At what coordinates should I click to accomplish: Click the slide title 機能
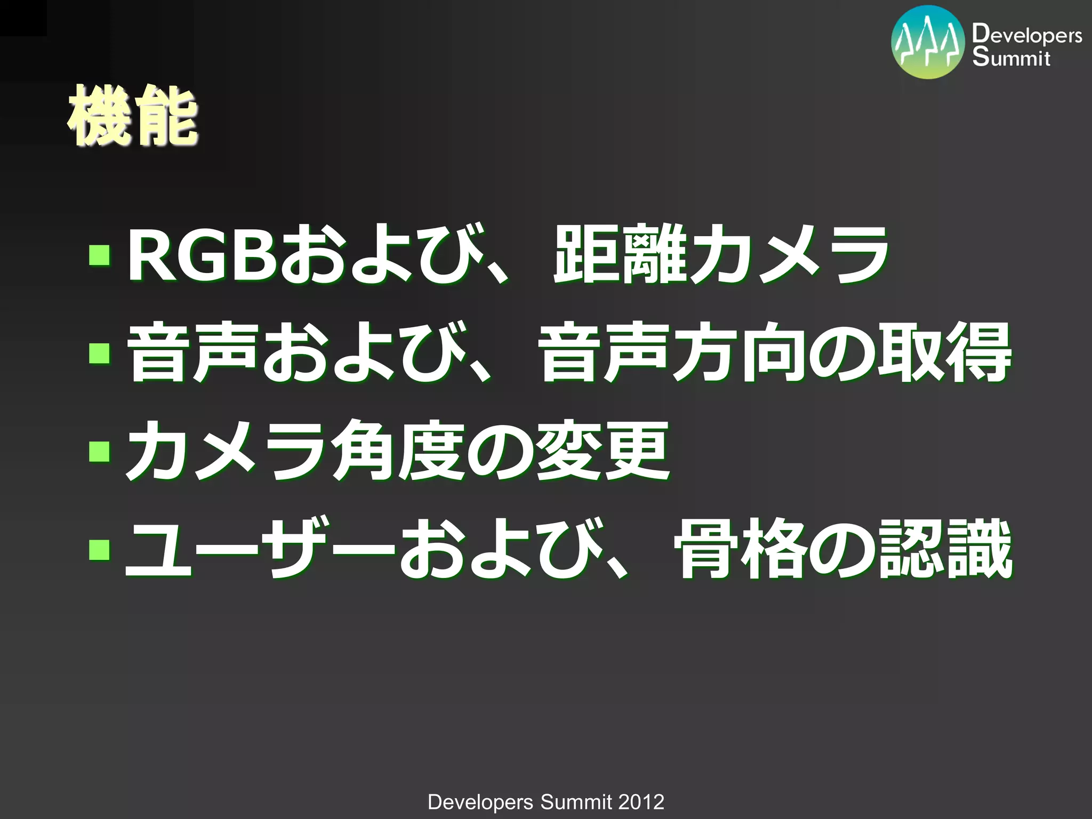pos(132,116)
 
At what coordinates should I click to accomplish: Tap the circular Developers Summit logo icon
pos(928,43)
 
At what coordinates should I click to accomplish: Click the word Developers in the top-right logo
pos(1026,35)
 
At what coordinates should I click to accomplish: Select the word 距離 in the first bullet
pos(619,255)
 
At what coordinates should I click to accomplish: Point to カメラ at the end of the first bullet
pos(789,255)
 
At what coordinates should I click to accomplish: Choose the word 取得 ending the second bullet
pos(944,352)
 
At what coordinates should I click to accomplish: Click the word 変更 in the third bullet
pos(603,451)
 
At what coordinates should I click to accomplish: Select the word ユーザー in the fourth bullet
pos(259,549)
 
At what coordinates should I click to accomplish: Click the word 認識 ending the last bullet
pos(944,549)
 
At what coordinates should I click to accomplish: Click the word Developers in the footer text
pos(480,802)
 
